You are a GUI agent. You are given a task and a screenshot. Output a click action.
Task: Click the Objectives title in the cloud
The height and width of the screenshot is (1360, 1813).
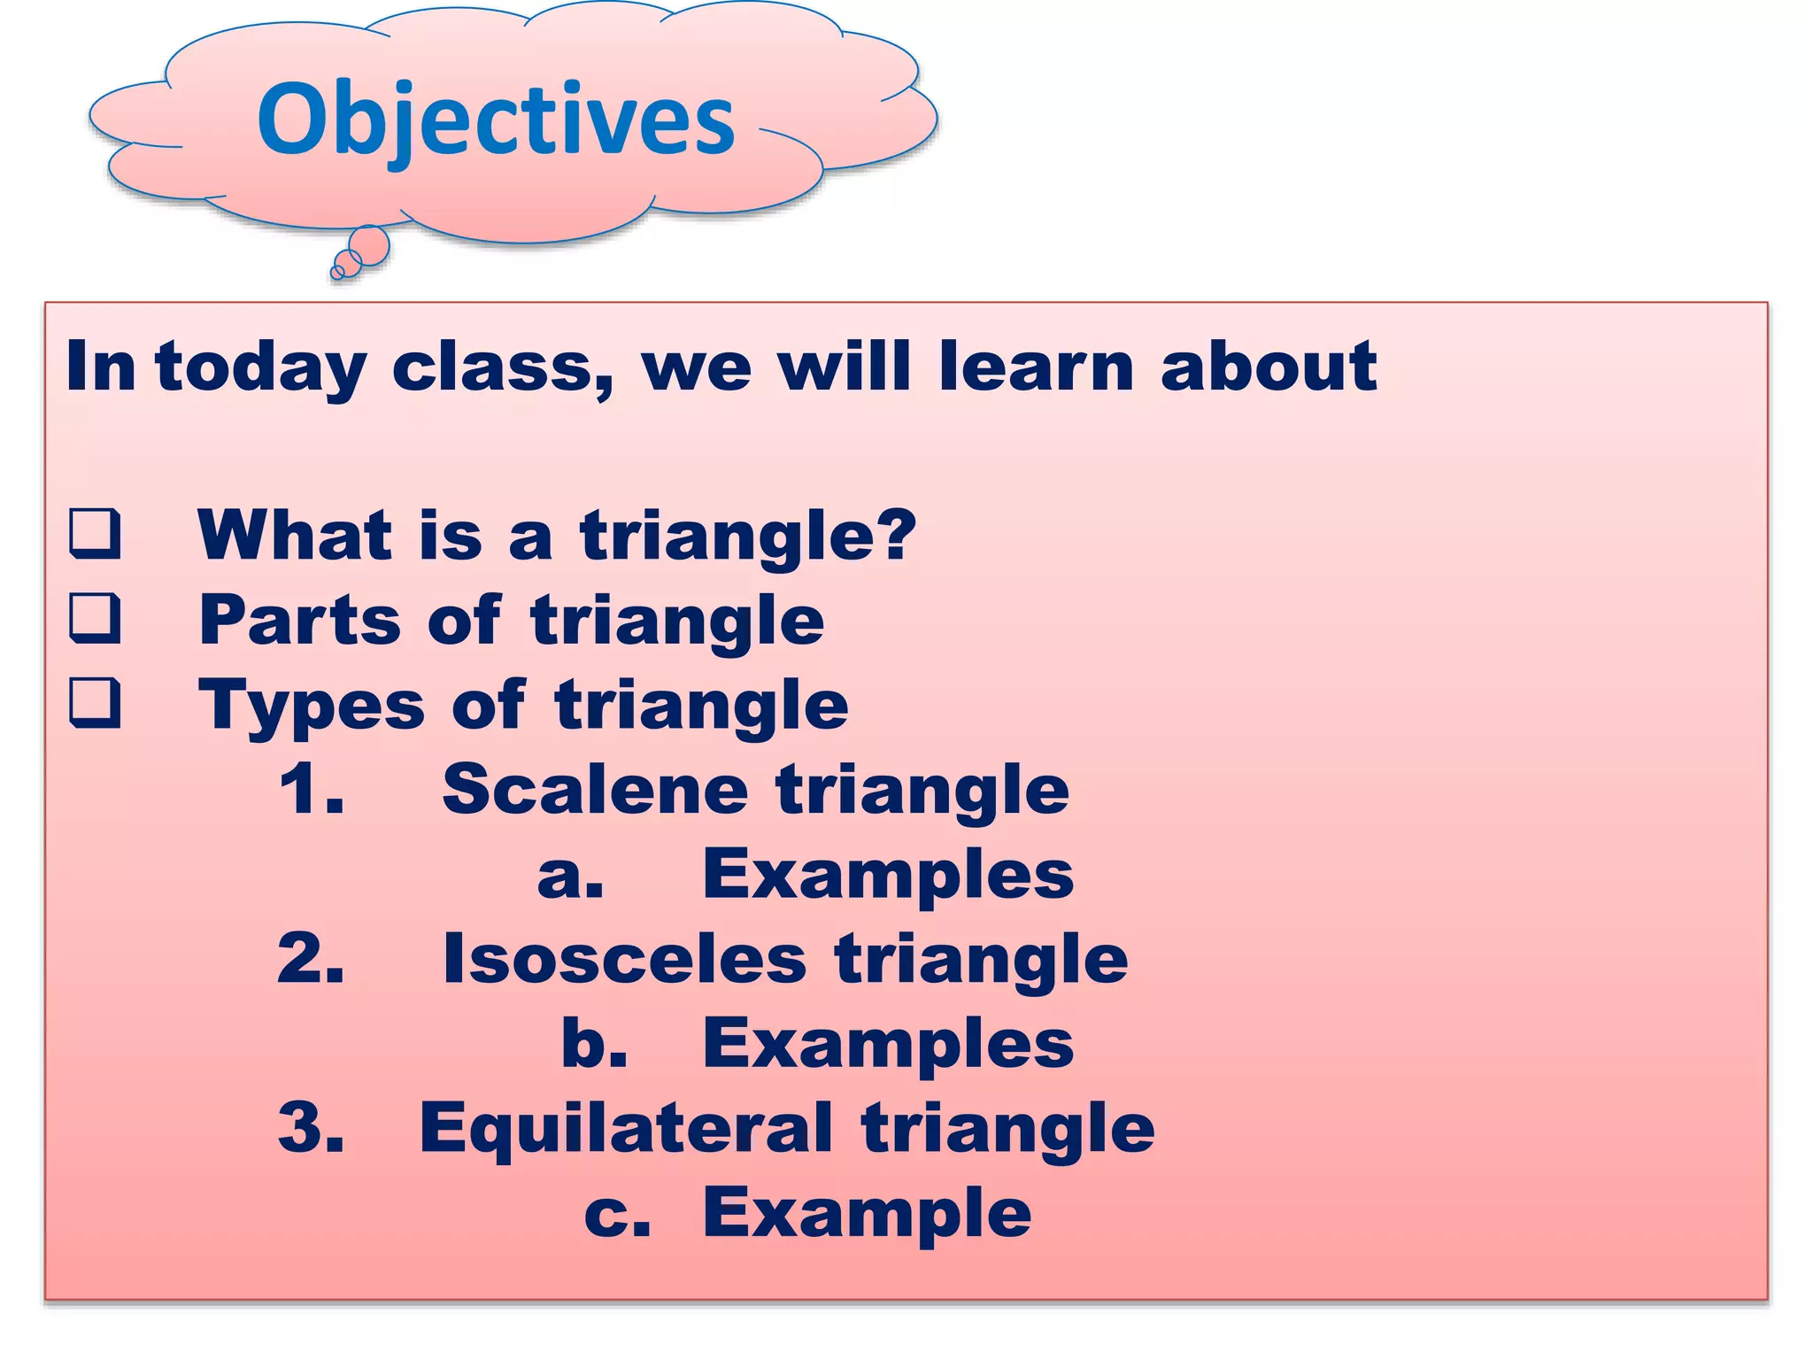[x=496, y=120]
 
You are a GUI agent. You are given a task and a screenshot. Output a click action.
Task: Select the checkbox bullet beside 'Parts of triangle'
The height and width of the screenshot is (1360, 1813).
[x=95, y=617]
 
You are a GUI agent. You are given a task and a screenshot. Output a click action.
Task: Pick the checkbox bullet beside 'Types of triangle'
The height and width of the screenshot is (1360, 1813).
[x=95, y=702]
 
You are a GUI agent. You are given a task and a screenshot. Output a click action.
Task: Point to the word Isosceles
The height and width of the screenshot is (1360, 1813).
[x=624, y=958]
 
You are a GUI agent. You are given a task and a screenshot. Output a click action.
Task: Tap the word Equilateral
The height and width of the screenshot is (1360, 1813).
[x=626, y=1128]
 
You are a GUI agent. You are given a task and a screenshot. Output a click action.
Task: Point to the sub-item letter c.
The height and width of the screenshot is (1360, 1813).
[x=616, y=1214]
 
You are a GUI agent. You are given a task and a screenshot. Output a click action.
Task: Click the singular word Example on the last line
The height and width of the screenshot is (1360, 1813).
[x=867, y=1212]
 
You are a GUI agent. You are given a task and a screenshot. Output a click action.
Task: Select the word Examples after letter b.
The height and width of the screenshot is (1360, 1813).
[x=888, y=1043]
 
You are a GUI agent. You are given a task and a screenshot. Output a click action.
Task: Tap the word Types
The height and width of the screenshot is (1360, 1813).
[x=312, y=705]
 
